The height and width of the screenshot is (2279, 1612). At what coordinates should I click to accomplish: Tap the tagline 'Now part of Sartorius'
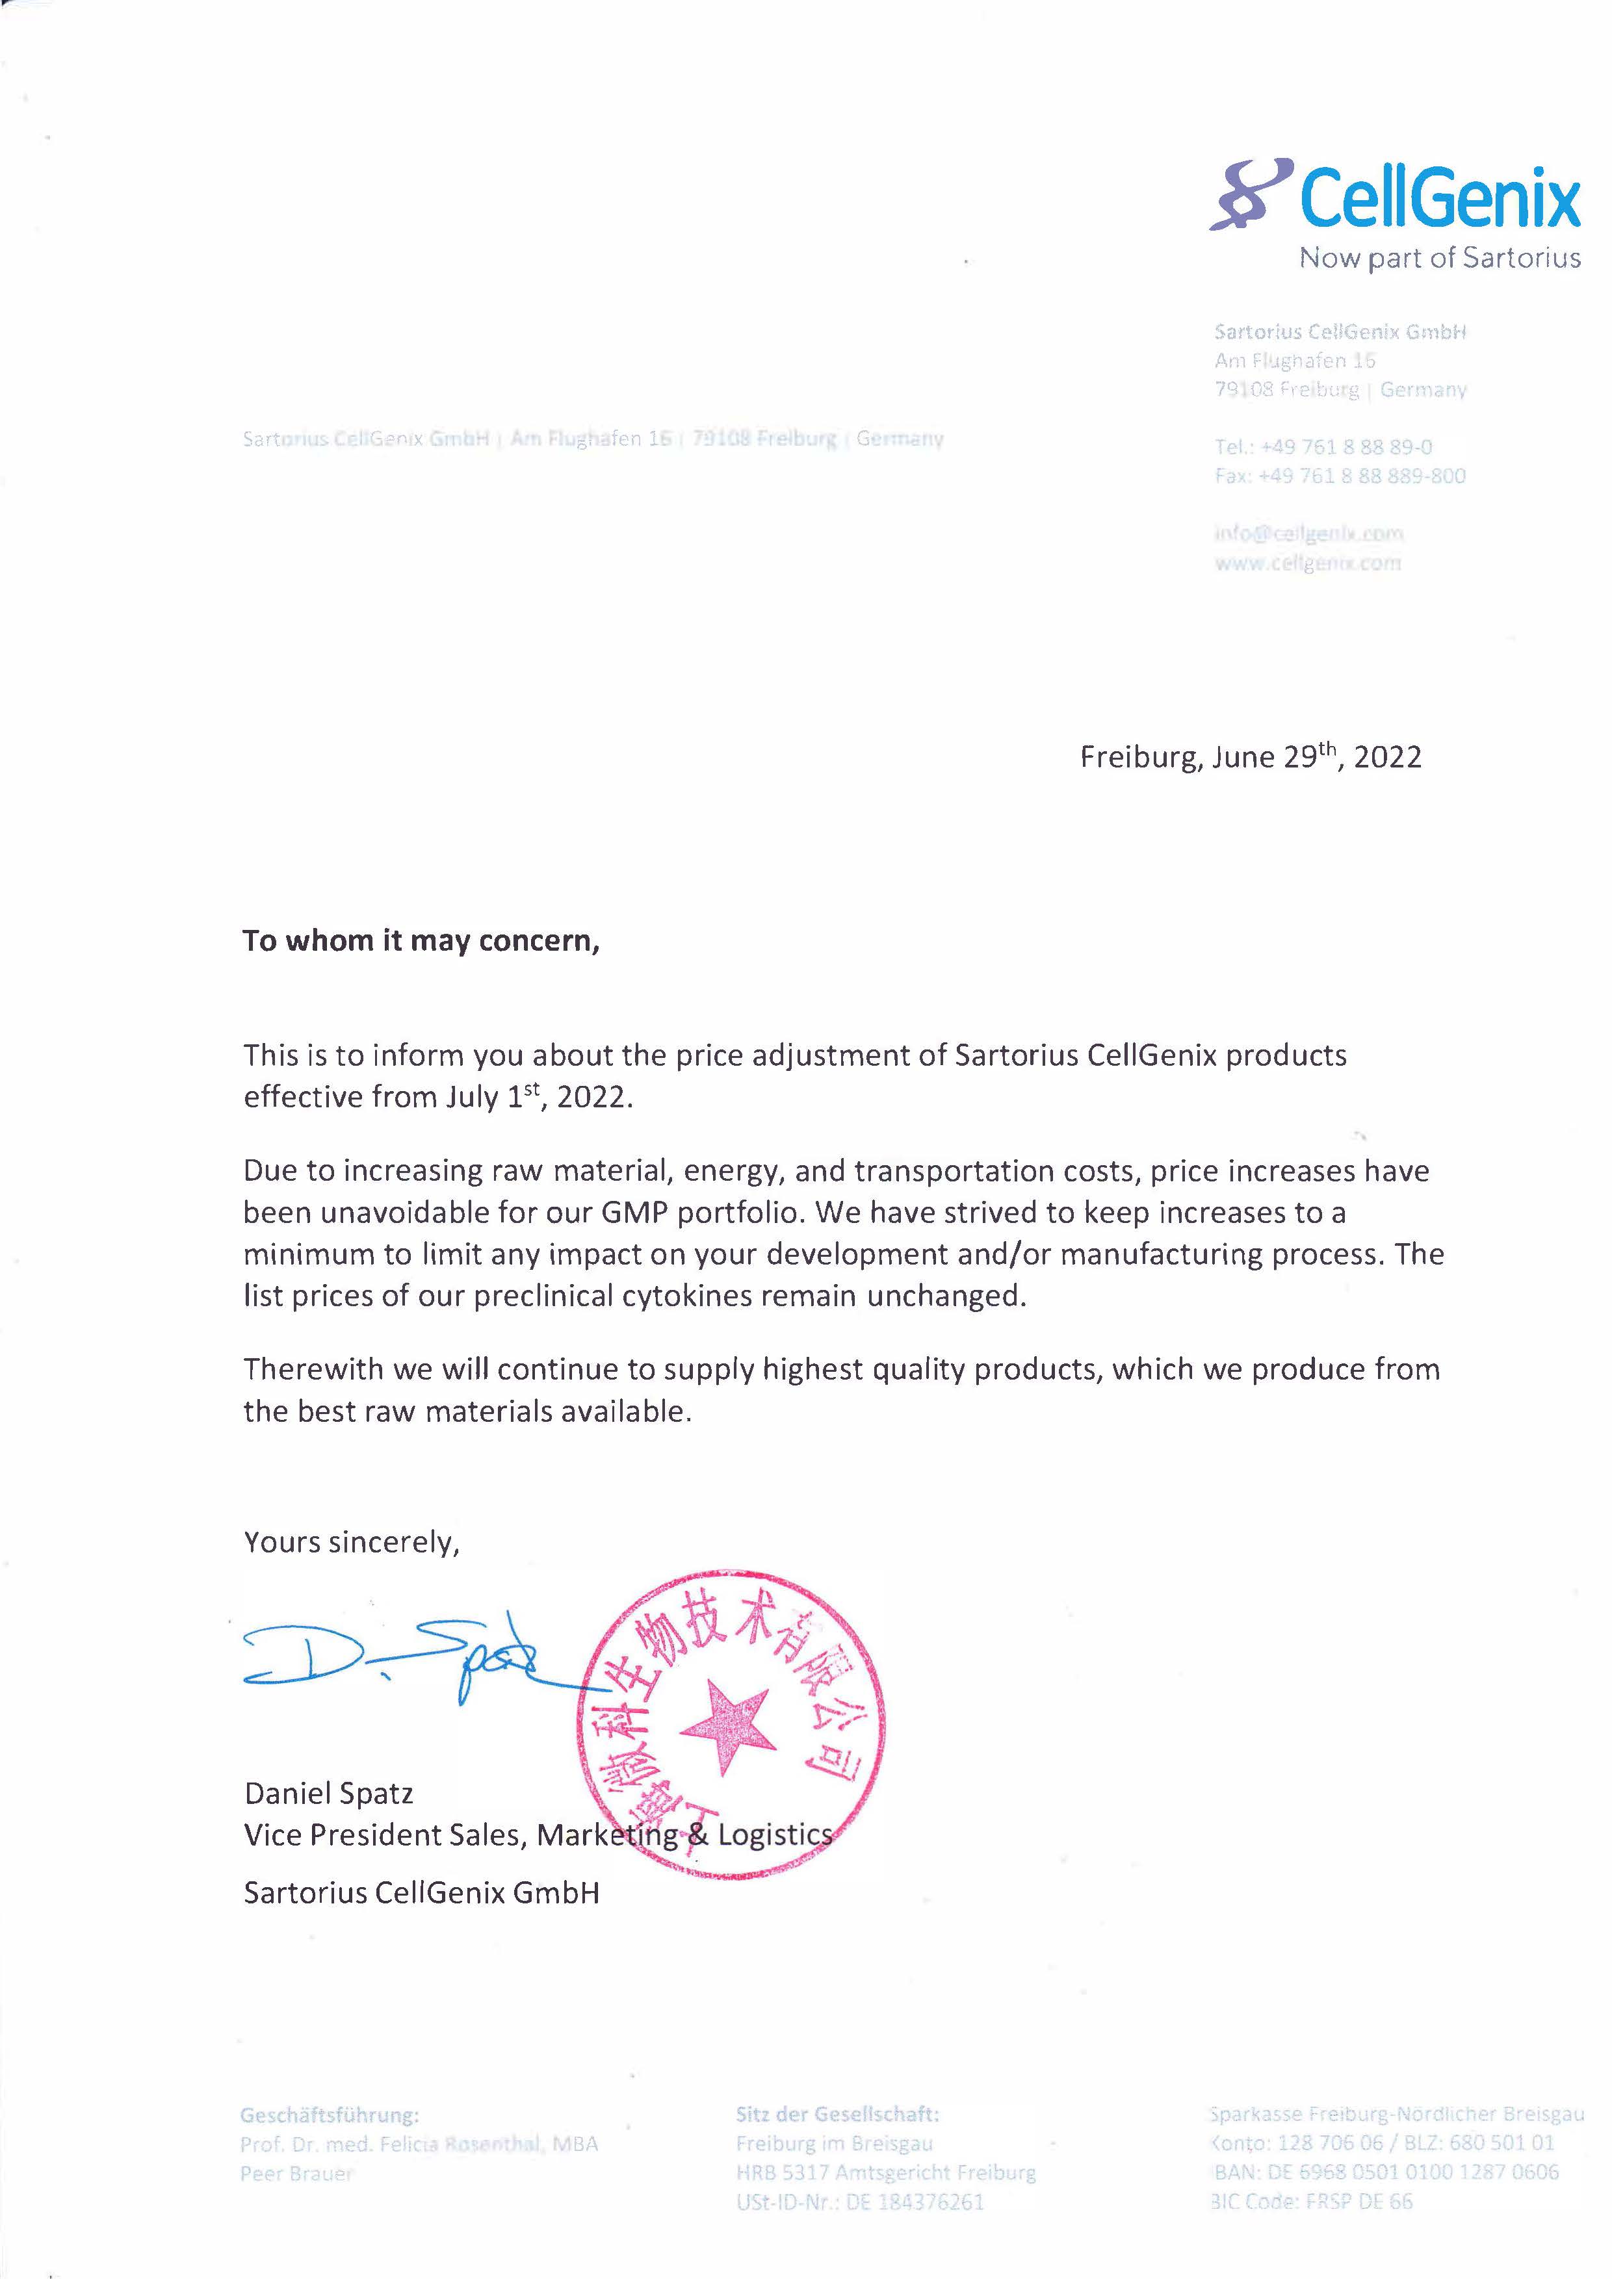coord(1439,258)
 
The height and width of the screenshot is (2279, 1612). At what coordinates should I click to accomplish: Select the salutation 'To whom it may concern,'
coord(421,941)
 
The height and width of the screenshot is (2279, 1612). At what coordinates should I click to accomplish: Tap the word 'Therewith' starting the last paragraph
coord(314,1370)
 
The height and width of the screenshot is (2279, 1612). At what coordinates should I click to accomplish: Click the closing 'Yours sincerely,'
coord(352,1543)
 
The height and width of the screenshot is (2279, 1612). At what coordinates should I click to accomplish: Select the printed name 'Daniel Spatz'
coord(328,1794)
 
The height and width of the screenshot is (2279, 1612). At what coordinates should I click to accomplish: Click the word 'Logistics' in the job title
coord(775,1835)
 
